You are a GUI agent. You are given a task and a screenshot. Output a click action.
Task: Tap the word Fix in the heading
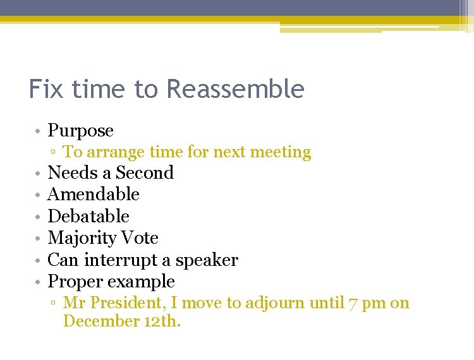tap(46, 89)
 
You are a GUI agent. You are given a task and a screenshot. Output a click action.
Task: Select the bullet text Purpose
tap(81, 131)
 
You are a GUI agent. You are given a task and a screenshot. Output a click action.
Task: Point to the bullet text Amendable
tap(94, 195)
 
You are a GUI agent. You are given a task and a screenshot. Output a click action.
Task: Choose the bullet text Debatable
tap(88, 217)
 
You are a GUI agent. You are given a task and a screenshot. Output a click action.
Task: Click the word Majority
tap(82, 238)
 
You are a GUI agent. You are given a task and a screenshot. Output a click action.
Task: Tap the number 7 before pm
tap(353, 304)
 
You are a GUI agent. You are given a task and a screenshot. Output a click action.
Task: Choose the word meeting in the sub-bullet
tap(282, 153)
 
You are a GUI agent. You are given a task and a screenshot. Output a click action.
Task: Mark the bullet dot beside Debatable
tap(38, 217)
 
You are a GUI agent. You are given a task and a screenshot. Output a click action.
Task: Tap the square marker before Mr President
tap(55, 304)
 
